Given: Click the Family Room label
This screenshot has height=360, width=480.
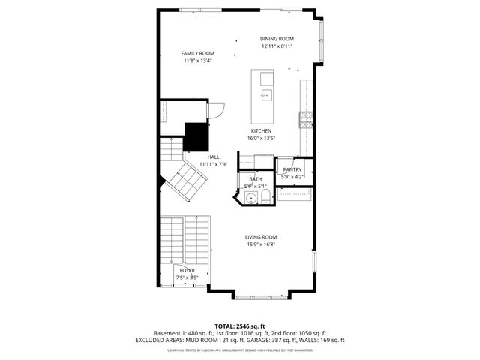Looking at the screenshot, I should pos(198,53).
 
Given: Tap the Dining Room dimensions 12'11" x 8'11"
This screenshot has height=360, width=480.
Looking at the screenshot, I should pos(277,46).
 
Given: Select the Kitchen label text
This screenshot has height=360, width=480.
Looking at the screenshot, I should pos(260,130).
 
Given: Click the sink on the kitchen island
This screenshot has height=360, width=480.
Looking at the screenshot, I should pos(265,95).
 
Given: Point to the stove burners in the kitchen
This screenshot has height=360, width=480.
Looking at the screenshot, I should pos(306,118).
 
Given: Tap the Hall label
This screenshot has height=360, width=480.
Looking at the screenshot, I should pos(213,157).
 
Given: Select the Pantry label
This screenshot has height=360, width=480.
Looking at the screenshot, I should pos(292,170).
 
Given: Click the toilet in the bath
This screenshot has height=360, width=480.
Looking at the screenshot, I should pos(265,197).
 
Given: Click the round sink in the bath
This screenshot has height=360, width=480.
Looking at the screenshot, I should pos(249,198).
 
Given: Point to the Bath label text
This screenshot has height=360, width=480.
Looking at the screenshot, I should pos(255,179).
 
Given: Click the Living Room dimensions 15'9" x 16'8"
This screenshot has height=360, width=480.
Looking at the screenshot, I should pos(261,244).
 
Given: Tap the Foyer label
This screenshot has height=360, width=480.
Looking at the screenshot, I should pos(186,270).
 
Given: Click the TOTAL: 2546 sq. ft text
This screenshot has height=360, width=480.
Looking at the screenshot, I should pos(239,325).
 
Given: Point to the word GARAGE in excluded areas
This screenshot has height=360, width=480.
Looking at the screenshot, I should pos(259,340).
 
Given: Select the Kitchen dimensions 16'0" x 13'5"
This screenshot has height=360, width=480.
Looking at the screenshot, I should pos(262,138).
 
